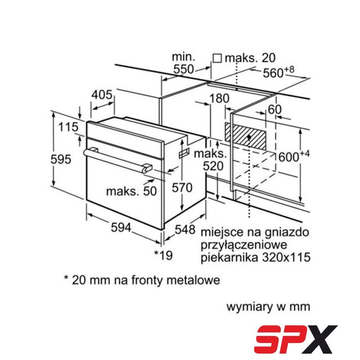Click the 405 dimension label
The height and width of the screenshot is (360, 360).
click(102, 95)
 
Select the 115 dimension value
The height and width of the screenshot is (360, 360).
click(68, 127)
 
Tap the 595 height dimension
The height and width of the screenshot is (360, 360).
click(61, 159)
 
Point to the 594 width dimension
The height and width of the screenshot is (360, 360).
click(121, 227)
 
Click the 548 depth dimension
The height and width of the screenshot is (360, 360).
click(185, 229)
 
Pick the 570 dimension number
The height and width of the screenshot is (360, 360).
click(182, 187)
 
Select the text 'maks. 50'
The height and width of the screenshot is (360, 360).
click(132, 191)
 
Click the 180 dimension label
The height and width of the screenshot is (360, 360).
click(219, 98)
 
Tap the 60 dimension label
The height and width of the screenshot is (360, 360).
click(274, 110)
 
